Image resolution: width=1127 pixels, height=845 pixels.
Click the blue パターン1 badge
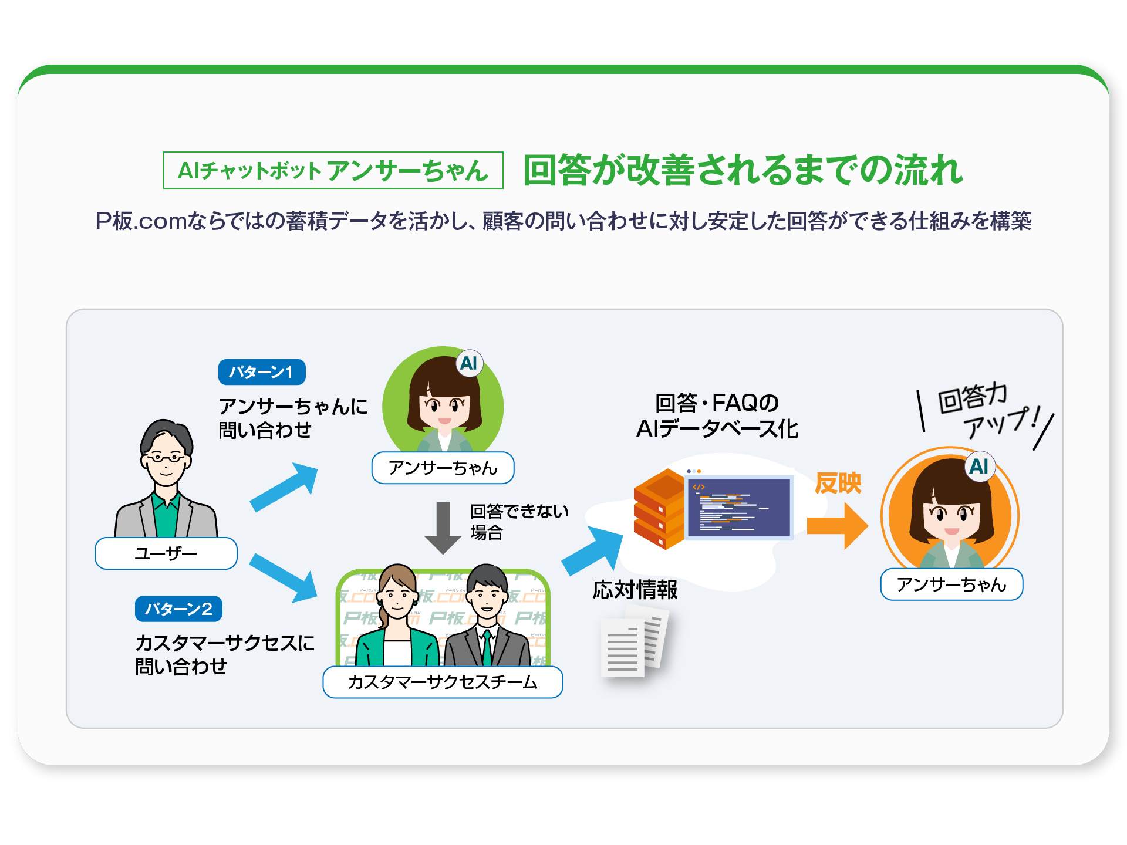point(262,372)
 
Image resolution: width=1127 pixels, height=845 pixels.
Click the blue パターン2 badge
point(178,609)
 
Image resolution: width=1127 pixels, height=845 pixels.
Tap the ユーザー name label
point(166,553)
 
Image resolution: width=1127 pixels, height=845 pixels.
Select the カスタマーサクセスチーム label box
point(443,682)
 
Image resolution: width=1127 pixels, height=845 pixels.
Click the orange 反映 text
point(838,484)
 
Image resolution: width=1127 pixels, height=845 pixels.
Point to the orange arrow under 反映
point(837,526)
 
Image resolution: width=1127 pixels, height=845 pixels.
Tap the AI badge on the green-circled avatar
point(469,363)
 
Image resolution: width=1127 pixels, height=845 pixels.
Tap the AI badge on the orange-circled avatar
point(979,467)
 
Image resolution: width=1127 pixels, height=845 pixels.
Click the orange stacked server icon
point(659,509)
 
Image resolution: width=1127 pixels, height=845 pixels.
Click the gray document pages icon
point(635,643)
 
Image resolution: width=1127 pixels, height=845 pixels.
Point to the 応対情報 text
point(635,590)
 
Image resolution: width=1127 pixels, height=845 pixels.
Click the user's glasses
point(165,457)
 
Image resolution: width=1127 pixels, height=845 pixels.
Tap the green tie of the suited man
point(487,648)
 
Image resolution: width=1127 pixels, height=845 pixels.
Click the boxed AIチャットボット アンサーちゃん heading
point(333,170)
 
